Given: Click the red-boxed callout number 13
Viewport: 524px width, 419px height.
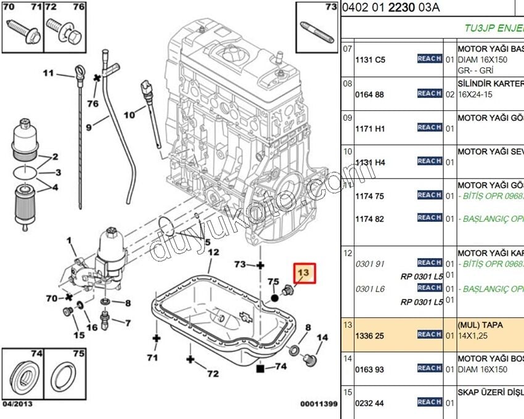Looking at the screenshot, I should point(304,272).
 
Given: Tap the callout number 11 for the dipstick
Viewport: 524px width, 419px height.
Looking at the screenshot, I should point(49,73).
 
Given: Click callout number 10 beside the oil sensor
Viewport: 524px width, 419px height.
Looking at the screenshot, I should point(129,115).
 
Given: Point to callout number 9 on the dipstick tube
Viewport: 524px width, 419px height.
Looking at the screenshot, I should point(89,127).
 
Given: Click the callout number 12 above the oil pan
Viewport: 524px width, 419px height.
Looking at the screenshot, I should point(213,252).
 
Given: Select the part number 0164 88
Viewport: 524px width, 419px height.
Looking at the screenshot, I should point(370,94).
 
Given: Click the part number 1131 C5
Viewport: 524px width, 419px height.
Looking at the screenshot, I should point(370,60).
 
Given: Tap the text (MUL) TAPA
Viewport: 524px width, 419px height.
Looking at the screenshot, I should point(480,325).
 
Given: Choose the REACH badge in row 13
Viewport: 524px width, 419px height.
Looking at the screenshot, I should point(429,334).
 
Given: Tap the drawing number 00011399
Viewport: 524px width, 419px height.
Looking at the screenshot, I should point(319,404).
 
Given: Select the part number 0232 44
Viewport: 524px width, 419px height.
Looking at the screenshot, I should point(370,403).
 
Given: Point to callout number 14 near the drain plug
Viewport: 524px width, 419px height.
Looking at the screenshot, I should point(322,338).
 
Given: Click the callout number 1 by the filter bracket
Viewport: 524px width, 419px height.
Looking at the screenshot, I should point(69,240).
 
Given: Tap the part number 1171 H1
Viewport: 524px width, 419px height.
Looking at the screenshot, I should point(370,129).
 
